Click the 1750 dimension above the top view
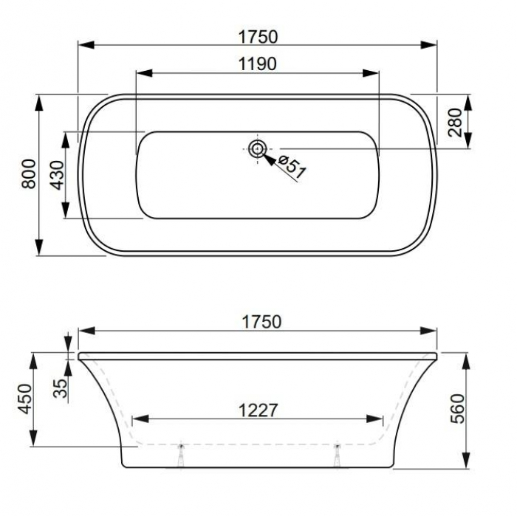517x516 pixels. click(258, 37)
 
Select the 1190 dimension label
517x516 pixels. click(257, 64)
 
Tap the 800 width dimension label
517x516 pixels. click(29, 173)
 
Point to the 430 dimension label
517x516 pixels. click(57, 175)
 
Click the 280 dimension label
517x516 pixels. click(456, 123)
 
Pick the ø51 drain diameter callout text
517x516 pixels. click(292, 167)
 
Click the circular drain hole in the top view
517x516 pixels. click(257, 149)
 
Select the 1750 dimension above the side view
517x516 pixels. click(261, 322)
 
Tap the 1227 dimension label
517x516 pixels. click(258, 410)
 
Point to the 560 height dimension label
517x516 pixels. click(458, 408)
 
